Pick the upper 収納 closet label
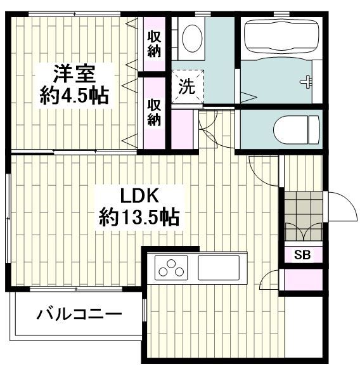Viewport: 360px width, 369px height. [153, 43]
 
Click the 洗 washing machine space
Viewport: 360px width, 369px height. [186, 86]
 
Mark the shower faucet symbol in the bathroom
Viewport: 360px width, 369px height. [307, 81]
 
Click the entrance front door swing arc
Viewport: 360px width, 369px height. [336, 204]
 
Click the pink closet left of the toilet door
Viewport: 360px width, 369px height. [184, 129]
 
